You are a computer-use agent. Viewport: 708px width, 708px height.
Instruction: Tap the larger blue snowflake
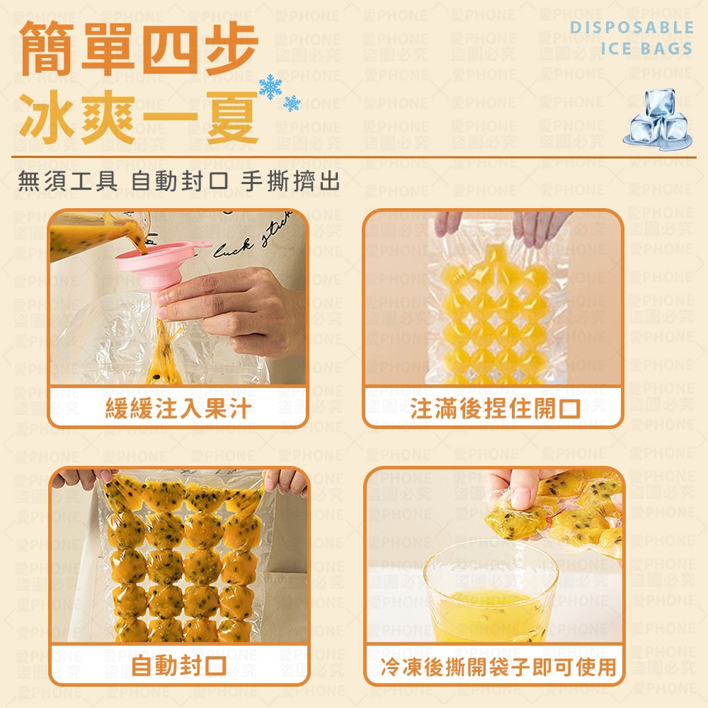[x=270, y=86]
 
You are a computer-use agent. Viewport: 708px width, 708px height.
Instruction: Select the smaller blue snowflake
[x=292, y=103]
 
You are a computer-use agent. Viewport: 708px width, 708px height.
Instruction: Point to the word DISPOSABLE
[x=632, y=27]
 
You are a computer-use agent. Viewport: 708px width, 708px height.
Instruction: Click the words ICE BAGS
[x=646, y=48]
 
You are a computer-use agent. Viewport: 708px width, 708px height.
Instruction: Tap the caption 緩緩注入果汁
[x=178, y=409]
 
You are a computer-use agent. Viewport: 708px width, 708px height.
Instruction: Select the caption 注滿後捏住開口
[x=495, y=409]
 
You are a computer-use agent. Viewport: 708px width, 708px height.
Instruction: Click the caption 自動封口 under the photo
[x=179, y=666]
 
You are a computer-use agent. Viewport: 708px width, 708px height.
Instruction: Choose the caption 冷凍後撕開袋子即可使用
[x=498, y=667]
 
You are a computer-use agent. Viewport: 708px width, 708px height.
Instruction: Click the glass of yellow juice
[x=491, y=592]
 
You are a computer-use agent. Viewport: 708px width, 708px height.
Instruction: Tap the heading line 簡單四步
[x=139, y=48]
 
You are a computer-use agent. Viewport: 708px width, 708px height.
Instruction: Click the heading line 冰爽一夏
[x=139, y=117]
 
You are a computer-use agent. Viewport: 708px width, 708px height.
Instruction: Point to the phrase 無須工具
[x=68, y=181]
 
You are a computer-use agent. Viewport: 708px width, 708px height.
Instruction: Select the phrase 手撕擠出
[x=290, y=181]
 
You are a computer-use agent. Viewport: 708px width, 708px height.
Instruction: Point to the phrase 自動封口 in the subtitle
[x=179, y=181]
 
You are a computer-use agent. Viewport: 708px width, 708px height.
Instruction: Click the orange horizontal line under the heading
[x=353, y=157]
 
